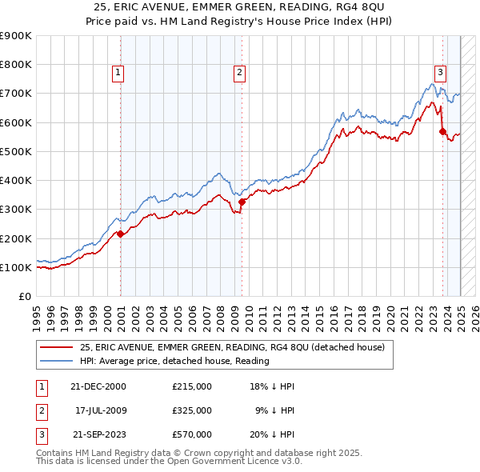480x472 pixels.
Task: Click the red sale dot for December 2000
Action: point(121,234)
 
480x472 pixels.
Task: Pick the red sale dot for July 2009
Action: point(242,202)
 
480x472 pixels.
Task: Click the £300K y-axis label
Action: point(15,210)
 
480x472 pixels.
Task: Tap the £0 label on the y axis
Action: point(24,297)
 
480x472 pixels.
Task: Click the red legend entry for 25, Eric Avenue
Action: point(232,347)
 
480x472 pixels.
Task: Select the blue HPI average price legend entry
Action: point(174,361)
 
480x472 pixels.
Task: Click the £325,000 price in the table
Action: point(192,410)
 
